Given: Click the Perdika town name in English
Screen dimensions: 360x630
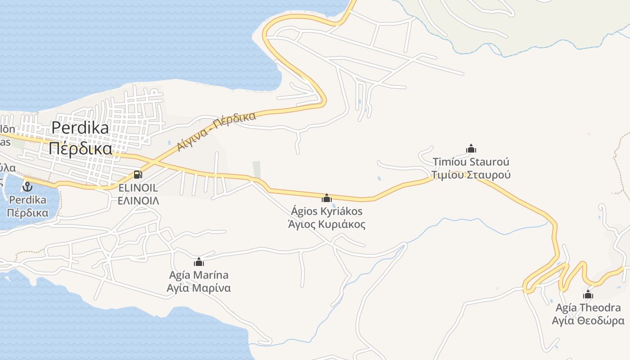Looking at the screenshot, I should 80,128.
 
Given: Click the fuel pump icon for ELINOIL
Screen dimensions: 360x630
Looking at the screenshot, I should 138,175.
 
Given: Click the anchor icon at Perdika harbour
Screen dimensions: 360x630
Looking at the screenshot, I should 28,186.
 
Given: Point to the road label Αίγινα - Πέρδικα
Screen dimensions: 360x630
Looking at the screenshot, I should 216,131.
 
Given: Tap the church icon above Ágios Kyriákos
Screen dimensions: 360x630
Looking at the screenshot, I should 327,198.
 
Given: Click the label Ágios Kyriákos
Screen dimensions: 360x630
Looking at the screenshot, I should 327,211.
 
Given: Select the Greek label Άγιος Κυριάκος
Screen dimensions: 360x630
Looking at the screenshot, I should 327,224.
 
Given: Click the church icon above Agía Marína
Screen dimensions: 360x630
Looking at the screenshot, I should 199,262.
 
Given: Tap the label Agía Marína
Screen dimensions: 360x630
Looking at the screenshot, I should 199,275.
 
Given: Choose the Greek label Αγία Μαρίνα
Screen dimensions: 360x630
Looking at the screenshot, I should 199,288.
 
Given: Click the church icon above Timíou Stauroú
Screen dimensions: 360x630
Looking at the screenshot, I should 471,148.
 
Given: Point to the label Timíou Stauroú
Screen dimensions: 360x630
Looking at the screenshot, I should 471,162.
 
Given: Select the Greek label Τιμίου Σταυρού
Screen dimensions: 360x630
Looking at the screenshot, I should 471,175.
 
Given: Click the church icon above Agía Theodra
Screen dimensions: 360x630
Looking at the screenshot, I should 588,295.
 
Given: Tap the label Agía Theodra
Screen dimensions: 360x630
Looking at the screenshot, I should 588,308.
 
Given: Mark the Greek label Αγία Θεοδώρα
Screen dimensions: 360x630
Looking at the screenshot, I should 588,321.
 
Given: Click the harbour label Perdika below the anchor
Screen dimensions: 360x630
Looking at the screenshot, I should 28,199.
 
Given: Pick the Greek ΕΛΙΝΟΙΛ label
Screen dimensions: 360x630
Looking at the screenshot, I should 138,201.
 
